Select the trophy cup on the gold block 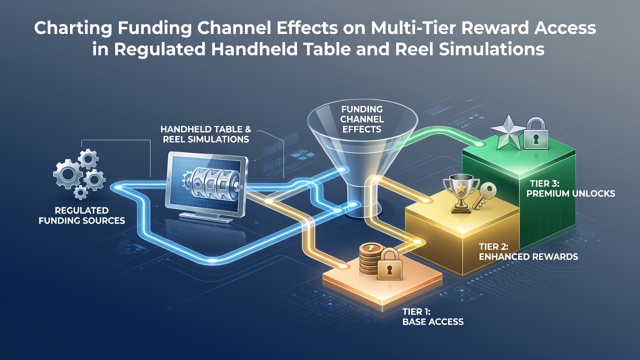point(461,193)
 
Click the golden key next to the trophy point(484,196)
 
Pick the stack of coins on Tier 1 point(369,258)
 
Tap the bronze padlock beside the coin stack point(389,264)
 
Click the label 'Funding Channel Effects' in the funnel point(361,119)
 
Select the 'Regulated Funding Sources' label point(81,215)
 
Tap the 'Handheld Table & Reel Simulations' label point(205,134)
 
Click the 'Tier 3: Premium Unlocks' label point(570,188)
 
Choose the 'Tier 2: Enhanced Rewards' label point(528,251)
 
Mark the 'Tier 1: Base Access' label point(433,316)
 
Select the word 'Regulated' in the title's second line point(159,49)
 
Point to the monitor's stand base point(204,217)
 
